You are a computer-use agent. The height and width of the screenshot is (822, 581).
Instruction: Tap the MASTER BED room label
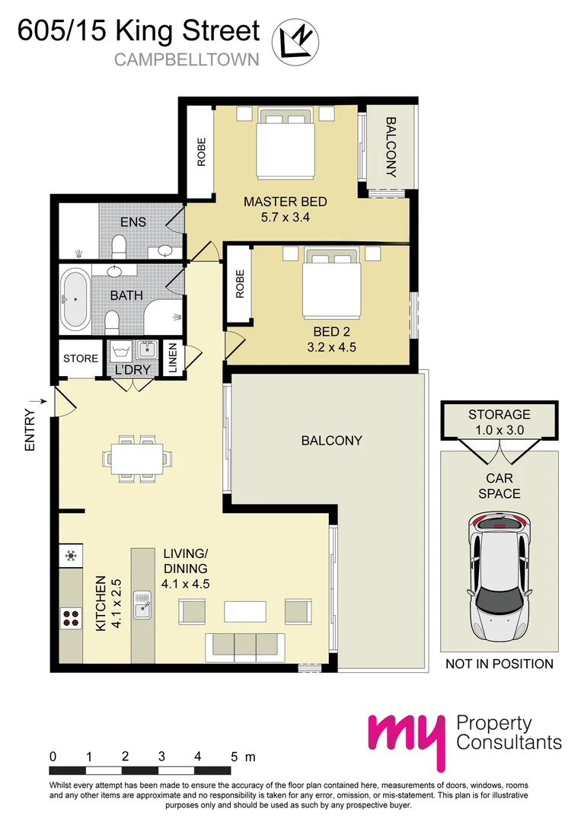pyautogui.click(x=285, y=202)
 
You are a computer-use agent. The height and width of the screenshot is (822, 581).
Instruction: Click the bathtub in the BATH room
pyautogui.click(x=75, y=300)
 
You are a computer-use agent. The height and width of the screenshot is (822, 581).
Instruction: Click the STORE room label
pyautogui.click(x=81, y=358)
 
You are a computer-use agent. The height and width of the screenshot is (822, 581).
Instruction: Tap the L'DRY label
pyautogui.click(x=132, y=371)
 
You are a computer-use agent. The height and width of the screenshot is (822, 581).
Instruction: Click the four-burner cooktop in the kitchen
pyautogui.click(x=72, y=619)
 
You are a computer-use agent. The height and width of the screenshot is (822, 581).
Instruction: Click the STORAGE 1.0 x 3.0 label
pyautogui.click(x=500, y=422)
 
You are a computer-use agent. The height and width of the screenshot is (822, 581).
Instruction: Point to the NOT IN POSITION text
pyautogui.click(x=500, y=664)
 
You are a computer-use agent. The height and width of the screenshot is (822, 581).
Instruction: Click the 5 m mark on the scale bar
pyautogui.click(x=234, y=757)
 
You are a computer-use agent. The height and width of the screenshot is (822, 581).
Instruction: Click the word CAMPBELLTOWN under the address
pyautogui.click(x=187, y=59)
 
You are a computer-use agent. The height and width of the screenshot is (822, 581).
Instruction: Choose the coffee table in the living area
pyautogui.click(x=244, y=611)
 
